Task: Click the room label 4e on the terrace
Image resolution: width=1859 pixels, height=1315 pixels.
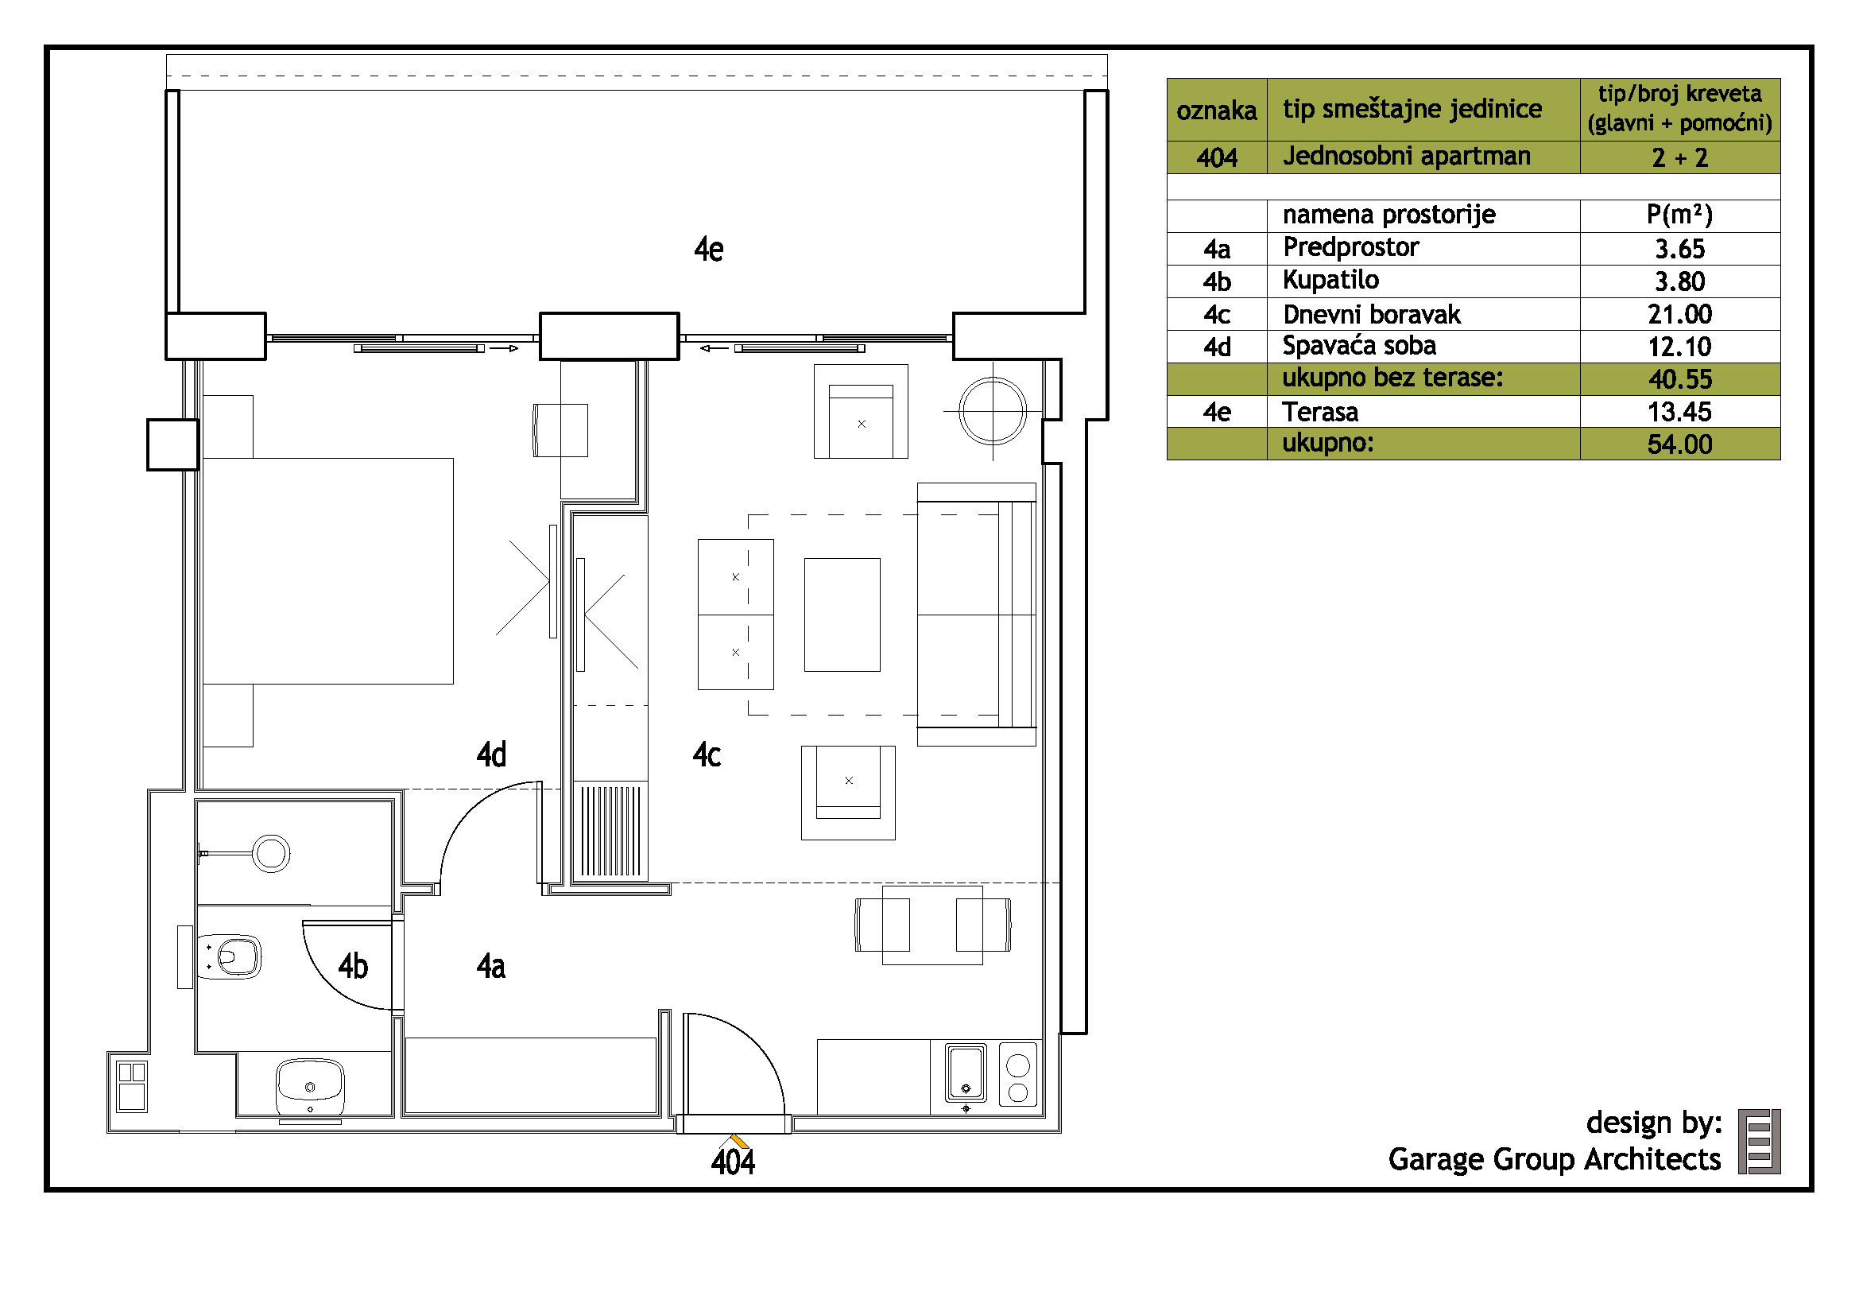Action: [708, 250]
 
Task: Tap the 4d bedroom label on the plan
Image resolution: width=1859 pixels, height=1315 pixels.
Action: [491, 754]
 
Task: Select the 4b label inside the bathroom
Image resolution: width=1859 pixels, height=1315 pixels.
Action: [353, 966]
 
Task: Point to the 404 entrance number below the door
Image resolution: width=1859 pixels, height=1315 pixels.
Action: [733, 1162]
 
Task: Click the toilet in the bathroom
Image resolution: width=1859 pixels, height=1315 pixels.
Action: [230, 957]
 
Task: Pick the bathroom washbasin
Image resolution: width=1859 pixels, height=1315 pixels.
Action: [310, 1088]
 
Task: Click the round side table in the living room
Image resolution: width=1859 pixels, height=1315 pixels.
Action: [993, 411]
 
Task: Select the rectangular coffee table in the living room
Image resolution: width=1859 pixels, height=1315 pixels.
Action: [842, 615]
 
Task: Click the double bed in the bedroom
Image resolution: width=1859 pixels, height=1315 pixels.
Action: [328, 571]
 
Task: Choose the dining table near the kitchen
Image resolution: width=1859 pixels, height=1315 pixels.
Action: [933, 925]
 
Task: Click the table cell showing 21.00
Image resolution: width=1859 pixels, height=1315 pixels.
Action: [1680, 314]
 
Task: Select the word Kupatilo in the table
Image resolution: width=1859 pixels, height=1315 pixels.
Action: [1331, 280]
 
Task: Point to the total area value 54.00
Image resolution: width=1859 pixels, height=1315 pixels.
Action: [1680, 444]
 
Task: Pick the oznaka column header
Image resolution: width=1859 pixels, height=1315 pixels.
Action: [1217, 111]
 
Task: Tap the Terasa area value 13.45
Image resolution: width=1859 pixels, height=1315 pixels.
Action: [1680, 412]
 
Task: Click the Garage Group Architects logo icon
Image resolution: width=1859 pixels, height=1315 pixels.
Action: [1760, 1142]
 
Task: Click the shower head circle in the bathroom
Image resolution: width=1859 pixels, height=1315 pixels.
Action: [271, 853]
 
